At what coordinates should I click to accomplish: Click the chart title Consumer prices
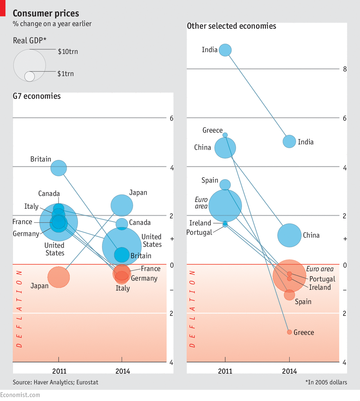click(46, 13)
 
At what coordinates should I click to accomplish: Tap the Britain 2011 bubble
click(58, 168)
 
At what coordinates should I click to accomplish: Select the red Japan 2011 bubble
click(58, 277)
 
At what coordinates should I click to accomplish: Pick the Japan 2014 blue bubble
click(122, 205)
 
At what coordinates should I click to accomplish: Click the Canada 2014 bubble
click(122, 224)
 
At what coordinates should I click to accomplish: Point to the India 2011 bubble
click(225, 50)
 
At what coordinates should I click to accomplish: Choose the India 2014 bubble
click(289, 141)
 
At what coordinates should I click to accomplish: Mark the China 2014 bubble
click(289, 235)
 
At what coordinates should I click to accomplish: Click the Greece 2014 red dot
click(289, 332)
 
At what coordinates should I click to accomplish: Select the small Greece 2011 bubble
click(225, 135)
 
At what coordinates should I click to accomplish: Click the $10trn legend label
click(68, 51)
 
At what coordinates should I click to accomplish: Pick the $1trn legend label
click(66, 74)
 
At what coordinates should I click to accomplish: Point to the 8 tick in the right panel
click(345, 69)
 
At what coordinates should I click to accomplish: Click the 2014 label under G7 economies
click(123, 371)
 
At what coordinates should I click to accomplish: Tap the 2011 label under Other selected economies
click(225, 371)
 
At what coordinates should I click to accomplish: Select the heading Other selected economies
click(231, 26)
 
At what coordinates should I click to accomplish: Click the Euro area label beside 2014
click(320, 269)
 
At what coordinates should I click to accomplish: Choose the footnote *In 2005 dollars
click(326, 382)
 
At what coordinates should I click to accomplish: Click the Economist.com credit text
click(20, 395)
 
